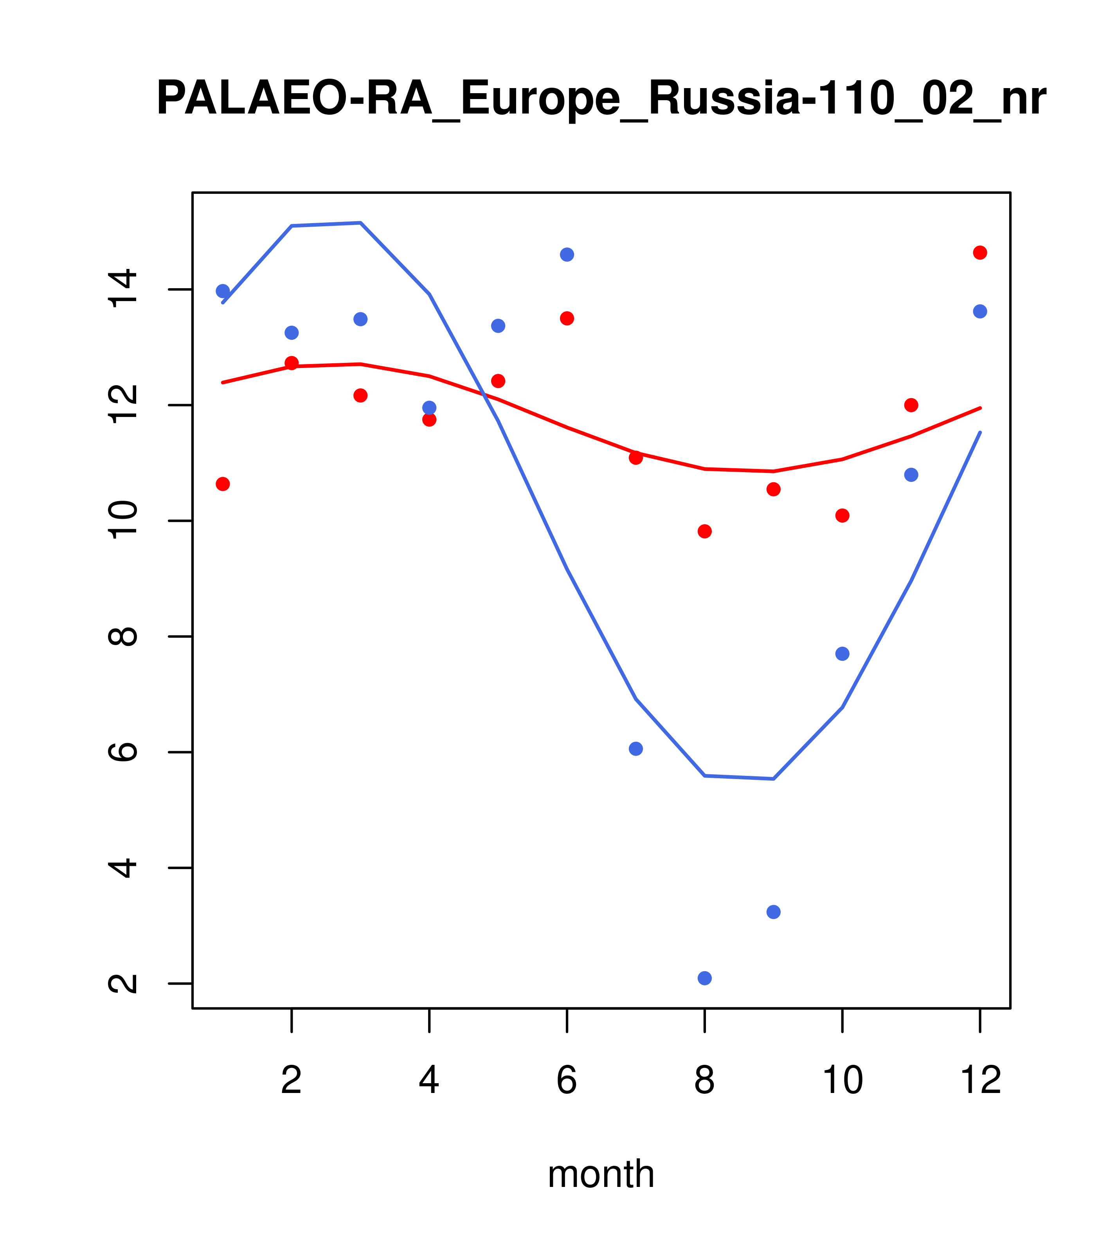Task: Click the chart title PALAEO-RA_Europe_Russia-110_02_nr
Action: tap(601, 99)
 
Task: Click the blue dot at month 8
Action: tap(704, 978)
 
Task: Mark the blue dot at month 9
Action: tap(773, 912)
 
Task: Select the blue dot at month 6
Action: tap(567, 254)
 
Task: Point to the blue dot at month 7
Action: tap(636, 748)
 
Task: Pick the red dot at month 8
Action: tap(704, 531)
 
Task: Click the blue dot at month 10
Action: tap(842, 654)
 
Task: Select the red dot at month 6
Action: tap(567, 318)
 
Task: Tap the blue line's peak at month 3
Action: tap(361, 223)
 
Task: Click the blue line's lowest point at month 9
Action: tap(773, 779)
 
